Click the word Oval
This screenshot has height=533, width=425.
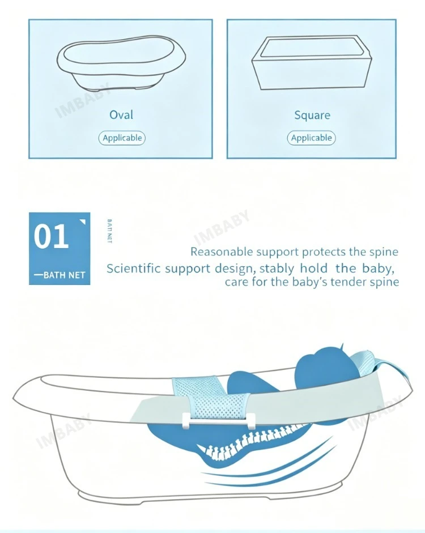click(x=121, y=114)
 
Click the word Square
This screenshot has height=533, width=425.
click(x=312, y=115)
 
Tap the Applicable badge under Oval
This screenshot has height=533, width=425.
click(x=122, y=138)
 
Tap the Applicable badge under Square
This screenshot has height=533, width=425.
click(x=311, y=138)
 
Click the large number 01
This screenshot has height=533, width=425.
click(x=51, y=237)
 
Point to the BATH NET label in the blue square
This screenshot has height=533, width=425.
click(x=59, y=275)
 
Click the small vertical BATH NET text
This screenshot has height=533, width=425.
click(x=109, y=231)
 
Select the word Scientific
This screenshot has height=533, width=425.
click(x=133, y=268)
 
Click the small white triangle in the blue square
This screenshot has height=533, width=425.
click(x=83, y=222)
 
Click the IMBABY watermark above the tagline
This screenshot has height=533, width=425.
click(x=222, y=227)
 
